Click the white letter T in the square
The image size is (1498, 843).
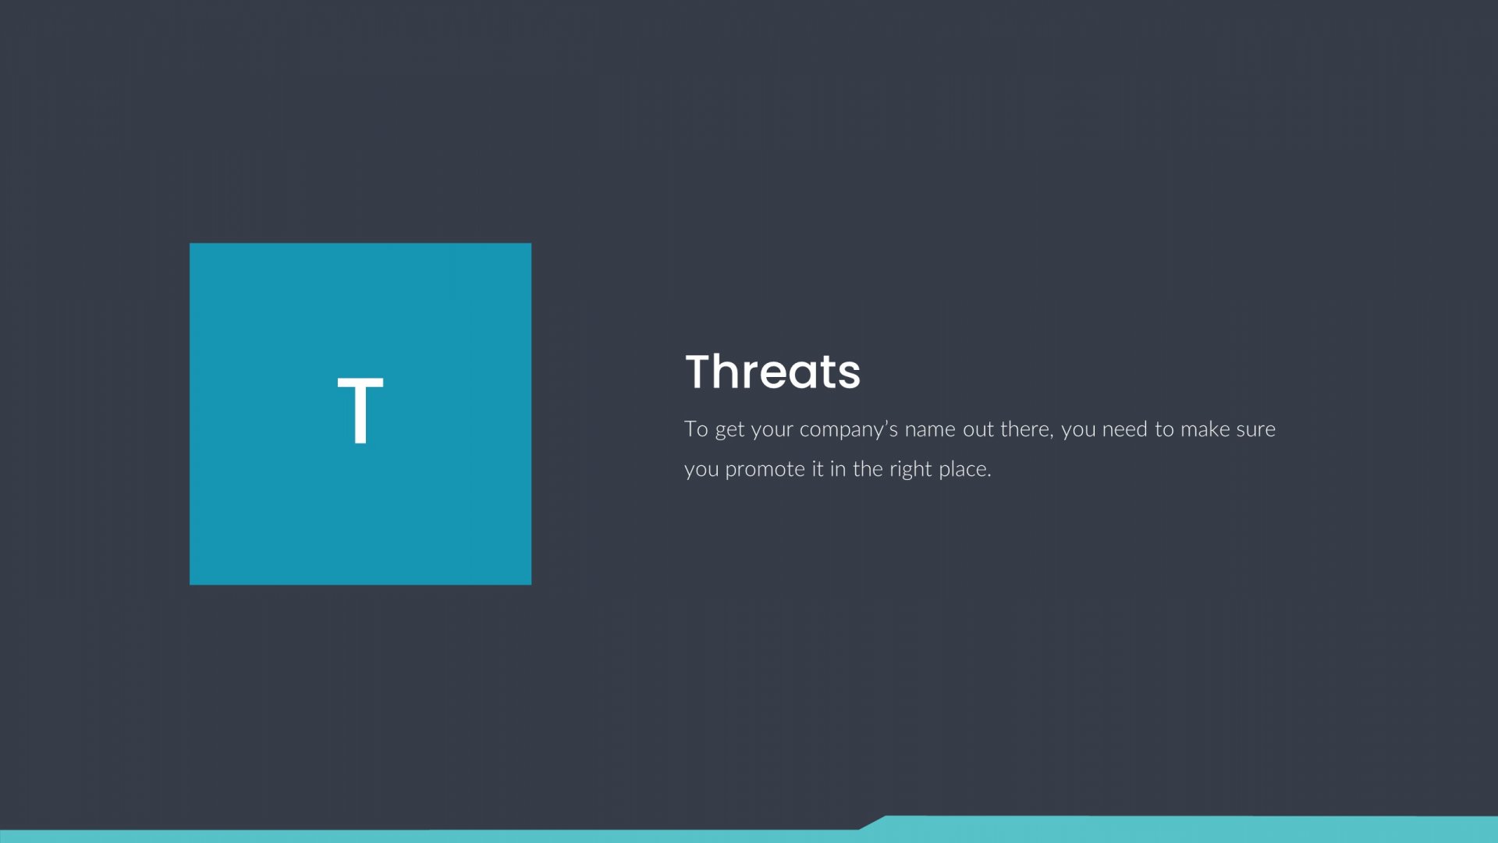click(x=360, y=411)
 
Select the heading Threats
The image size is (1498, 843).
click(x=772, y=372)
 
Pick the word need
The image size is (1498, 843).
click(x=1124, y=429)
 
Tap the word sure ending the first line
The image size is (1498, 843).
click(x=1255, y=430)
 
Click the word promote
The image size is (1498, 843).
click(x=765, y=470)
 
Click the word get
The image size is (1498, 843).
click(x=729, y=431)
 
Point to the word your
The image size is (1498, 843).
click(x=772, y=432)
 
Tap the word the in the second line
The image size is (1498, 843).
click(x=868, y=468)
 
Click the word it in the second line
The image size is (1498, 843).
click(x=817, y=468)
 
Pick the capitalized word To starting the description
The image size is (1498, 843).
click(x=696, y=429)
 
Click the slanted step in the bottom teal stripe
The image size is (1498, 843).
click(x=873, y=823)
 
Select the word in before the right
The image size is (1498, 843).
click(x=837, y=468)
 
